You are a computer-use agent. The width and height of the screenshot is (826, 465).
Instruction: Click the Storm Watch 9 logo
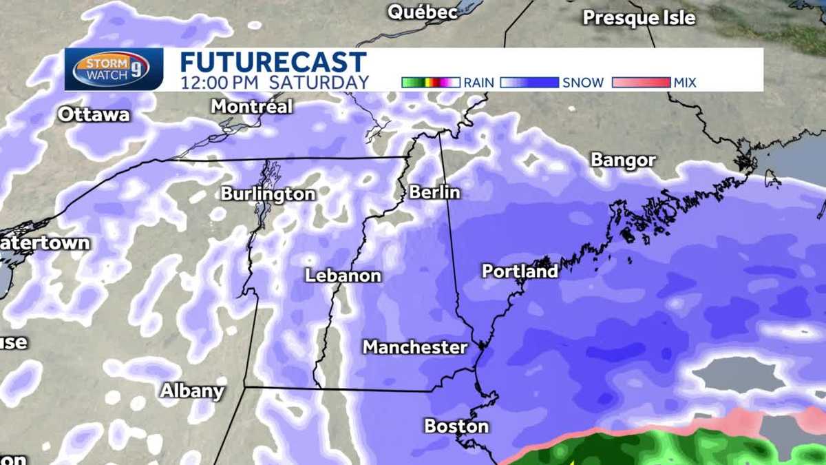(x=114, y=70)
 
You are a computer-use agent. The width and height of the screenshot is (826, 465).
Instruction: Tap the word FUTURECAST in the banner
(x=273, y=61)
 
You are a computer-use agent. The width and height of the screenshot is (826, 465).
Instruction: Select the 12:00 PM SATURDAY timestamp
(x=275, y=82)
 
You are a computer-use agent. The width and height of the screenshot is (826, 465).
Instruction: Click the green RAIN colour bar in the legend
(x=430, y=83)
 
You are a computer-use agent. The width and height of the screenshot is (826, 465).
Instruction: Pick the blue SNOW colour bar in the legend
(x=529, y=83)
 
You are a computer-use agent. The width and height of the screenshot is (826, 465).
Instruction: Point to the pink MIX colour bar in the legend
(x=640, y=83)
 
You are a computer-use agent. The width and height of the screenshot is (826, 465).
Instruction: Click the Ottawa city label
(x=94, y=114)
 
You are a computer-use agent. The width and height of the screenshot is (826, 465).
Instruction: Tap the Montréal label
(x=251, y=107)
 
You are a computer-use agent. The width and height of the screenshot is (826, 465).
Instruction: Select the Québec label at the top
(x=423, y=12)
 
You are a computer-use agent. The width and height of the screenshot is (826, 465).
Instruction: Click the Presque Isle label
(x=639, y=17)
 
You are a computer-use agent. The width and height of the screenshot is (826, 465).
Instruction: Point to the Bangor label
(x=623, y=161)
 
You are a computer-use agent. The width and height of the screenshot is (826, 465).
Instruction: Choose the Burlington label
(x=268, y=194)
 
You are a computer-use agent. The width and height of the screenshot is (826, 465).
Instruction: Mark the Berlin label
(x=434, y=192)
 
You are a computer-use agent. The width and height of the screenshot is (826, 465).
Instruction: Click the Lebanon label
(x=343, y=276)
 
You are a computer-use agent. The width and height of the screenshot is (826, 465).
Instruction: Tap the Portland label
(x=520, y=271)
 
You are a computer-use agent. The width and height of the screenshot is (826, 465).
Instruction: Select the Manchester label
(x=415, y=347)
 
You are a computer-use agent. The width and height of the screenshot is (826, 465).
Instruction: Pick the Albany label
(x=192, y=391)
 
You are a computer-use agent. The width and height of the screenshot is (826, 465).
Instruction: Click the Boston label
(x=456, y=426)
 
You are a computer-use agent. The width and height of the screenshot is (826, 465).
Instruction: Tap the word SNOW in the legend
(x=583, y=83)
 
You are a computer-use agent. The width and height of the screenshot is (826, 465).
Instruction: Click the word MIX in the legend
(x=685, y=83)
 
